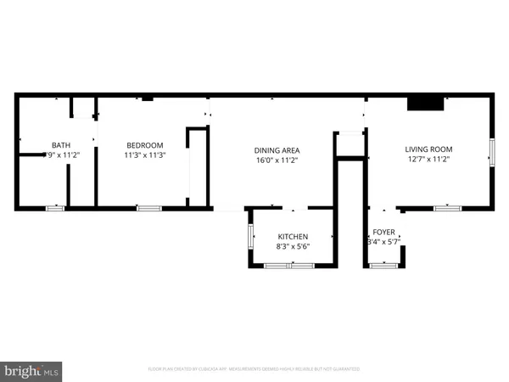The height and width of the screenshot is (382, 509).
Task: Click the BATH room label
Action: [x=61, y=145]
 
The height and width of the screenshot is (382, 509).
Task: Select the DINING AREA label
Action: [x=277, y=150]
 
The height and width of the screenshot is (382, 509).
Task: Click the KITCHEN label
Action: [x=293, y=236]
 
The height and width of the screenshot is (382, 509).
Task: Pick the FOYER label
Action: [x=383, y=232]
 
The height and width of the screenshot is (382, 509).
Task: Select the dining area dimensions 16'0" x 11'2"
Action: [x=277, y=160]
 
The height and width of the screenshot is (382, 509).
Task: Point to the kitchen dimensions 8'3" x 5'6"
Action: [x=293, y=245]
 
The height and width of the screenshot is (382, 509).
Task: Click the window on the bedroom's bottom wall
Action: [x=149, y=207]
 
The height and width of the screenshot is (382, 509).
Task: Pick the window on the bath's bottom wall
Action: [x=55, y=207]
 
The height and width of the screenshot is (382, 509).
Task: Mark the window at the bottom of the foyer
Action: [x=384, y=266]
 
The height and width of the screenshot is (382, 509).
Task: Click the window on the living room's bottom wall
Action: [x=447, y=207]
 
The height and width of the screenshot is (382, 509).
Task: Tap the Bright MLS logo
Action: [x=32, y=370]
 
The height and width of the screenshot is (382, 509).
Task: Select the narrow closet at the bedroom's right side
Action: [x=197, y=166]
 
